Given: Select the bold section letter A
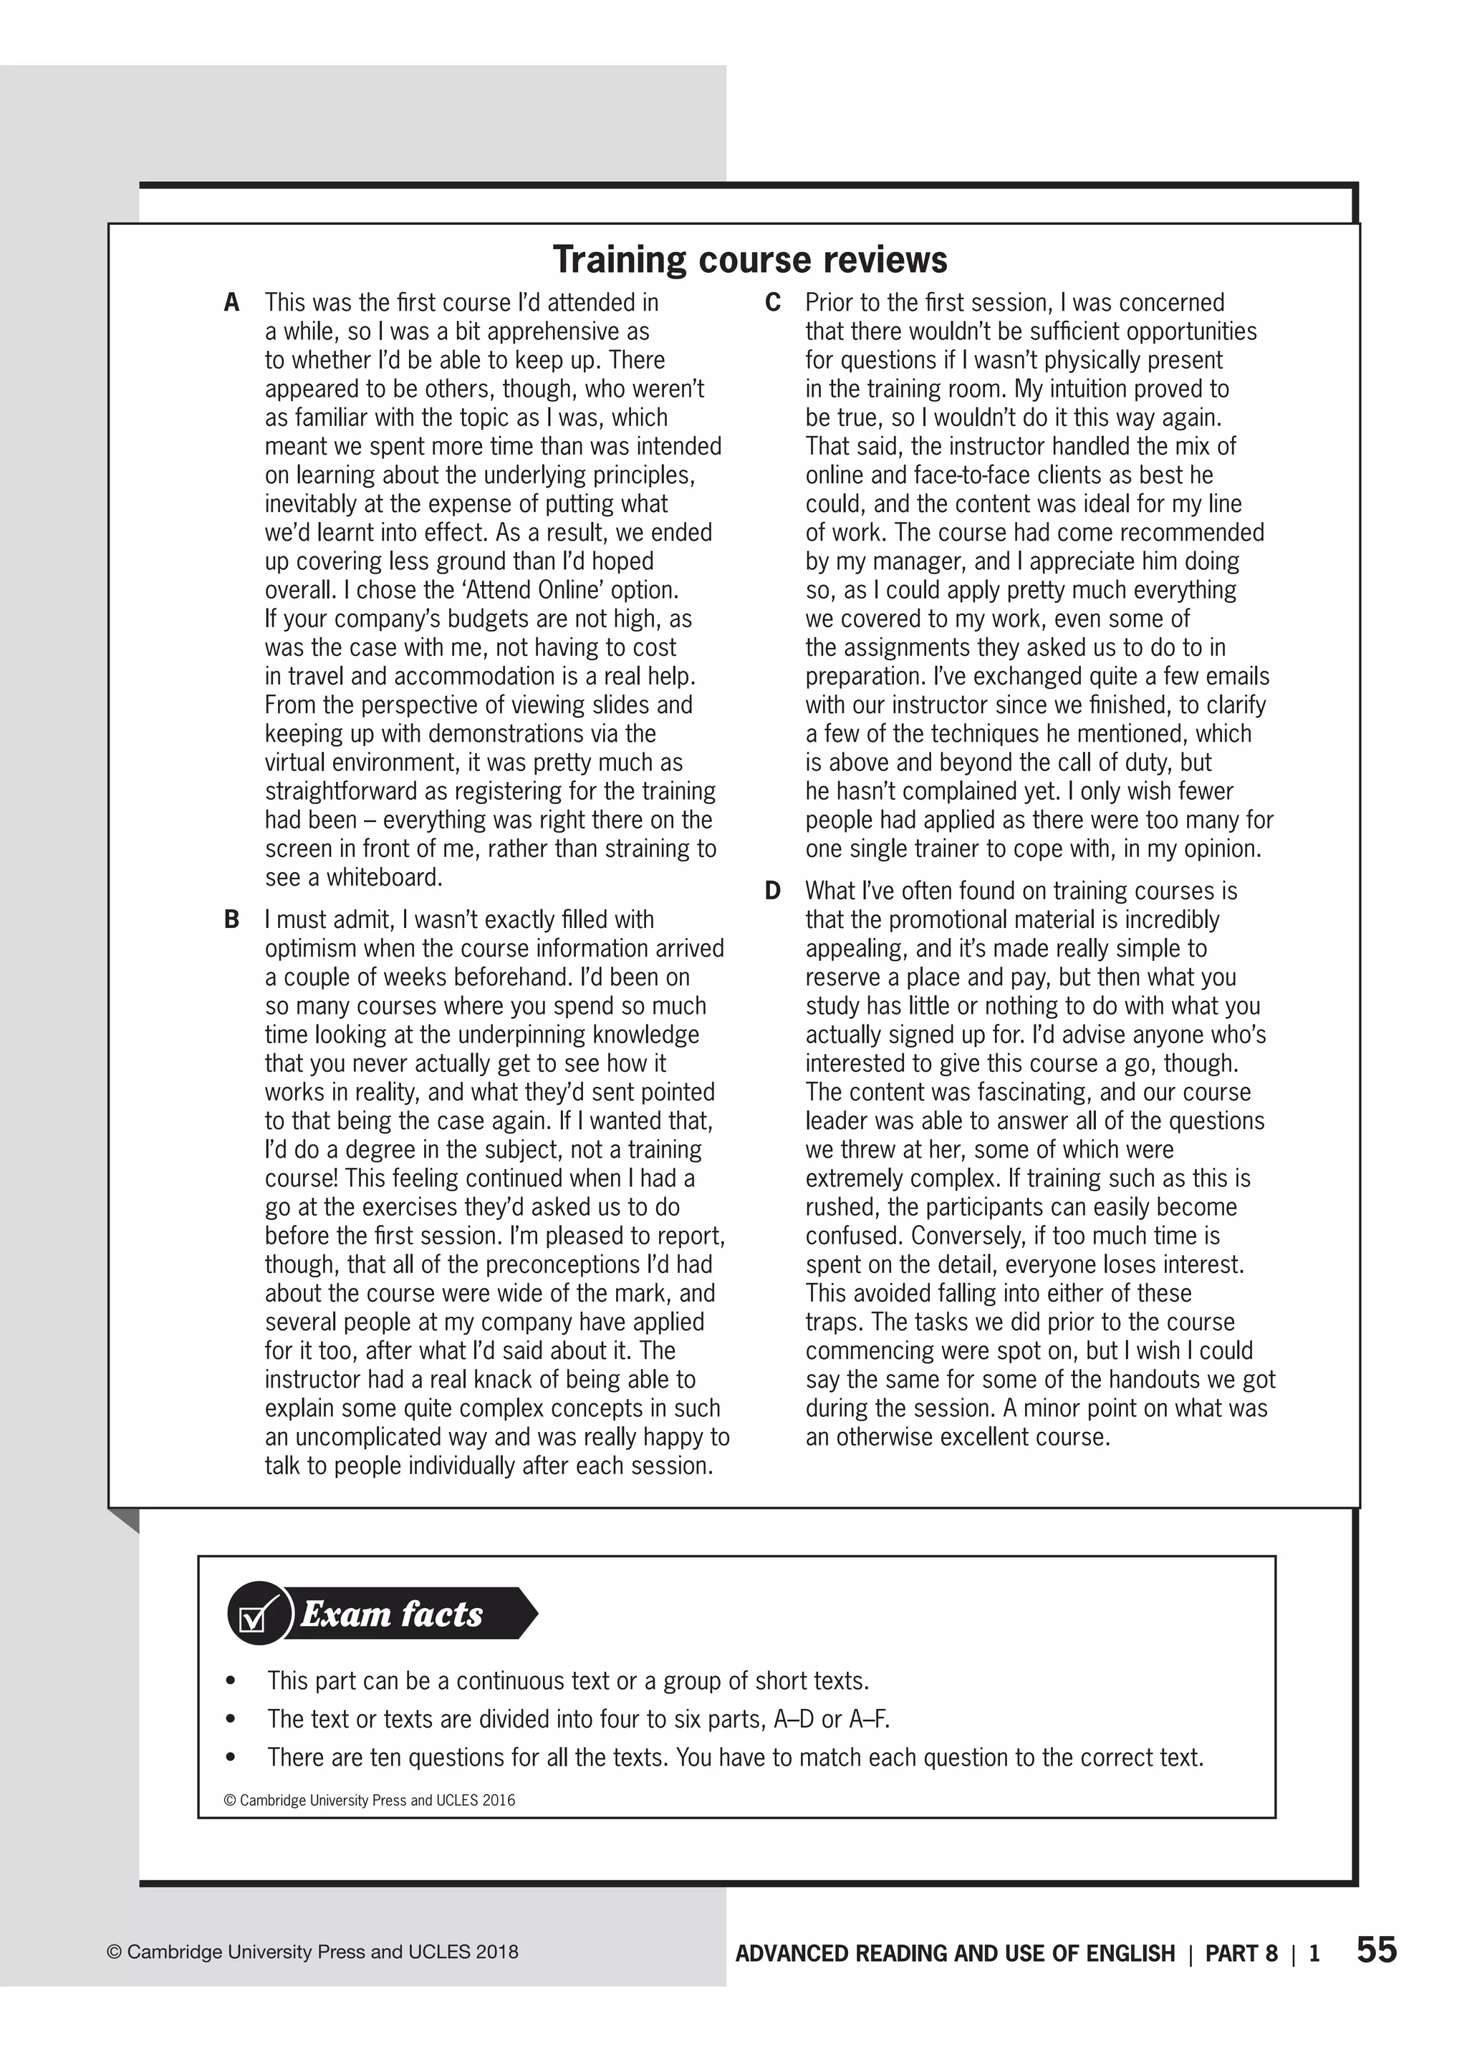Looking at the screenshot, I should (232, 302).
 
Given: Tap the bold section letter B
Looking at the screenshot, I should (232, 920).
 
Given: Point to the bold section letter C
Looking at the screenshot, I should (773, 302).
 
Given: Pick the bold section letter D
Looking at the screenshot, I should (773, 891).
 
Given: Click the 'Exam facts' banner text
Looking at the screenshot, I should (392, 1615).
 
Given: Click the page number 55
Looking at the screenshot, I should (1376, 1950).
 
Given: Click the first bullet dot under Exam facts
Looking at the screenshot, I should (232, 1681).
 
